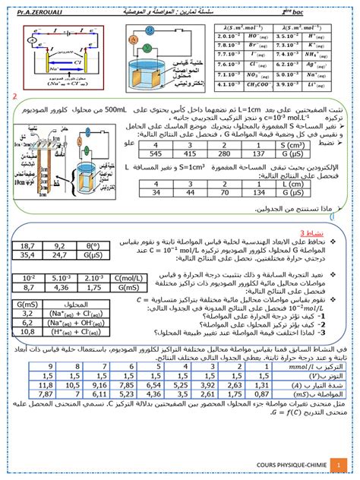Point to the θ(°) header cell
[95, 246]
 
